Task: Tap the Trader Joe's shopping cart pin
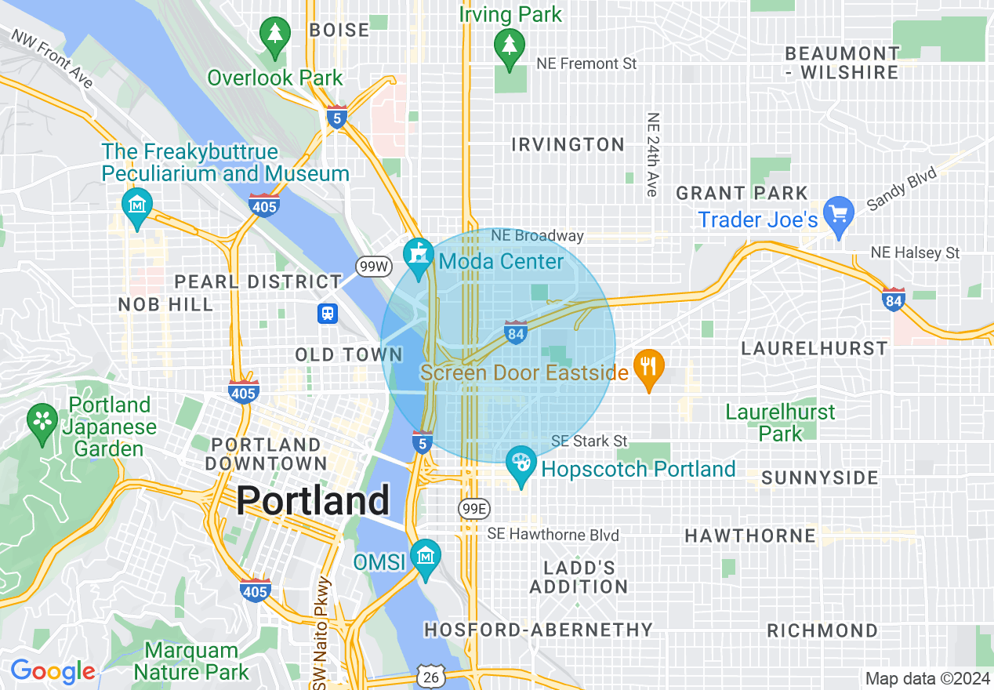pyautogui.click(x=840, y=214)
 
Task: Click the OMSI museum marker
pyautogui.click(x=426, y=556)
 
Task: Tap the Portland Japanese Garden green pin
pyautogui.click(x=42, y=421)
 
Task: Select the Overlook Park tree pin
pyautogui.click(x=274, y=35)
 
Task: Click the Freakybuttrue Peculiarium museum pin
pyautogui.click(x=138, y=206)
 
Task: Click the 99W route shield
pyautogui.click(x=372, y=267)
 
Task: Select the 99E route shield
pyautogui.click(x=473, y=510)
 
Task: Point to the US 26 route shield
pyautogui.click(x=431, y=676)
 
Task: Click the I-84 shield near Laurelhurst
pyautogui.click(x=893, y=300)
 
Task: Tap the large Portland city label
pyautogui.click(x=313, y=499)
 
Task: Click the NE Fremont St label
pyautogui.click(x=586, y=64)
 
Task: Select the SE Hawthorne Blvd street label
pyautogui.click(x=553, y=535)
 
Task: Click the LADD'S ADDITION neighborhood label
pyautogui.click(x=579, y=577)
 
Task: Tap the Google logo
pyautogui.click(x=53, y=671)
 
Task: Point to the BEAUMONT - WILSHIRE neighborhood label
pyautogui.click(x=842, y=63)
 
